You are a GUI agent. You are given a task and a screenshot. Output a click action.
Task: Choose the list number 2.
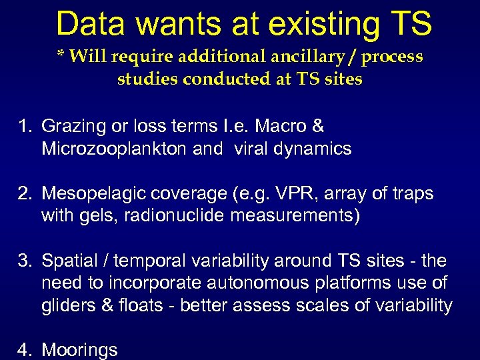(25, 194)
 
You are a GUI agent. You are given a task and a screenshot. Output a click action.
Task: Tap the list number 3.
(25, 261)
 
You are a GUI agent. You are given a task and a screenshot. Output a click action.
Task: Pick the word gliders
(67, 305)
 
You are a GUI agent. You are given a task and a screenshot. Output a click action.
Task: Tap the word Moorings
(79, 350)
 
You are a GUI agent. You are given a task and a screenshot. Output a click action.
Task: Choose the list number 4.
(25, 350)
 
